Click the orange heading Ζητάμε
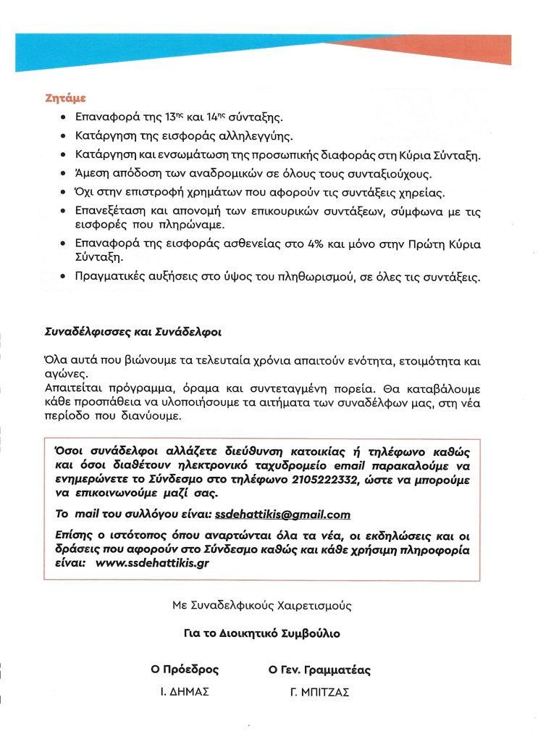66,99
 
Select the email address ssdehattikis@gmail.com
282,514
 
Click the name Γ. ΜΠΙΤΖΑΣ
319,692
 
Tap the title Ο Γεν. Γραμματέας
319,670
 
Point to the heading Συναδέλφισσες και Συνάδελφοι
134,333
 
